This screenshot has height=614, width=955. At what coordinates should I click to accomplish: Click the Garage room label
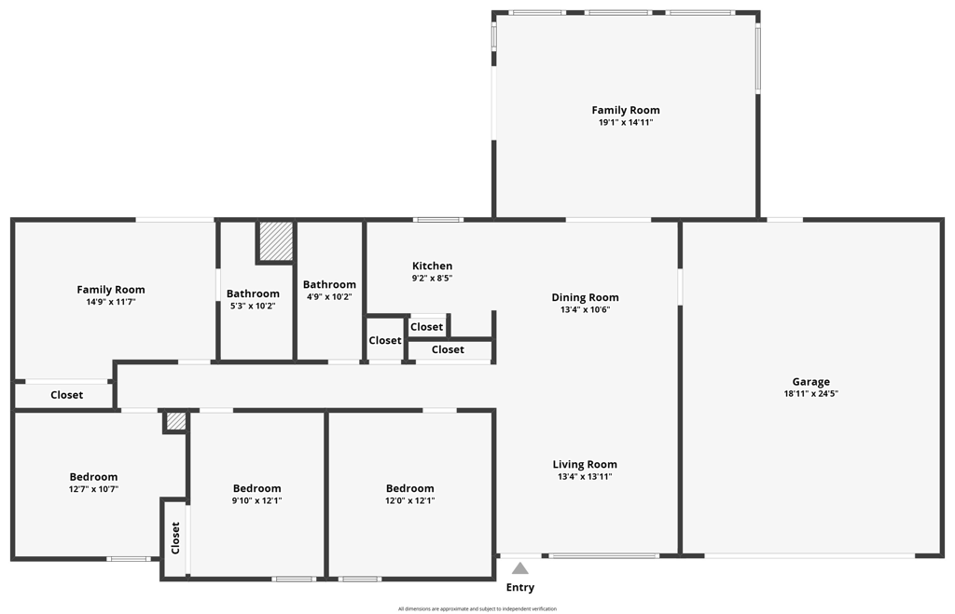(810, 382)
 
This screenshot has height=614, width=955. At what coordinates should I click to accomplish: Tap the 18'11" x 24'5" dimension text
(810, 393)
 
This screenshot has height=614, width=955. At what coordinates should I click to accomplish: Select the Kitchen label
(433, 266)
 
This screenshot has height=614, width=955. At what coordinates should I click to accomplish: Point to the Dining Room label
(586, 297)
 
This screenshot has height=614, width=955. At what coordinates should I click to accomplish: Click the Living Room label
(585, 464)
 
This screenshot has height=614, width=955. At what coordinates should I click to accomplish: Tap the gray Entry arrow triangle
(520, 568)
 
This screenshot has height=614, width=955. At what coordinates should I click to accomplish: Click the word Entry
(520, 587)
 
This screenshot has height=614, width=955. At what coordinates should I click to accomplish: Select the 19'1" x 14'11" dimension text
(626, 122)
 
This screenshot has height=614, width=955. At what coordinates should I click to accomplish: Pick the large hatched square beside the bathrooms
(276, 241)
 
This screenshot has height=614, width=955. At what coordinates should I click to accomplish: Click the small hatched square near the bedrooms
(176, 421)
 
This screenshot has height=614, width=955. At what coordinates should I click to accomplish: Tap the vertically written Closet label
(175, 538)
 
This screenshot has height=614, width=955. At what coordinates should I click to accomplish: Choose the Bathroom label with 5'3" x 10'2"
(253, 293)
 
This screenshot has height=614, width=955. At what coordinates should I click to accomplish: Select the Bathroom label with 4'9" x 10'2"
(329, 285)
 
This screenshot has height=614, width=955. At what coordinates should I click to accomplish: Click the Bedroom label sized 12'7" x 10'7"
(93, 477)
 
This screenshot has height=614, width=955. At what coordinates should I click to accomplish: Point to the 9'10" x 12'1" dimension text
(257, 501)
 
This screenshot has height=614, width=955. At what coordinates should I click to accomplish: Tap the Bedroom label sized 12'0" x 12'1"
(410, 488)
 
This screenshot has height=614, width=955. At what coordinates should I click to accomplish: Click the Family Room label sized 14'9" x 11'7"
(111, 290)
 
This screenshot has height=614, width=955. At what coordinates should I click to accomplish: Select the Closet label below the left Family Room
(67, 395)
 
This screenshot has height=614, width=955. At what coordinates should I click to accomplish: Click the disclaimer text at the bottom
(477, 608)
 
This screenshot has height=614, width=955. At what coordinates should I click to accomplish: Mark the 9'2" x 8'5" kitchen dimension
(433, 278)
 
